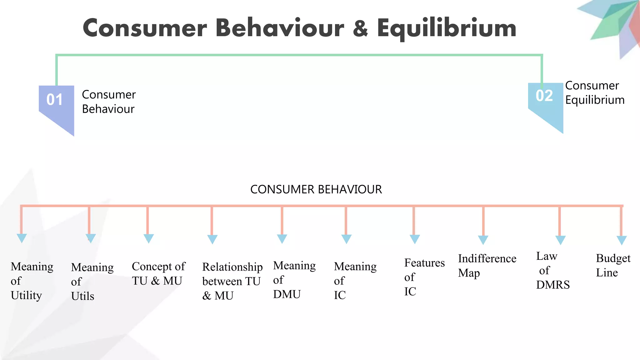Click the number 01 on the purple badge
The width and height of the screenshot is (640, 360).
click(x=55, y=100)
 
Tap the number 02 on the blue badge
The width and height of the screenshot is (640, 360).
click(x=544, y=96)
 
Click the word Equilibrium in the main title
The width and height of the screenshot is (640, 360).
click(x=447, y=28)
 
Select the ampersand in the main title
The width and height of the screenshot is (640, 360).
click(x=360, y=28)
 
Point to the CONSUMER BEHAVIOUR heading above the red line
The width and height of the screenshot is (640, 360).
click(x=316, y=189)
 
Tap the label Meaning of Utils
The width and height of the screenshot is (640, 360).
click(x=92, y=282)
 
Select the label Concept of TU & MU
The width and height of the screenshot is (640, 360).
click(x=158, y=273)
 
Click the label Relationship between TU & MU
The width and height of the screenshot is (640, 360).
click(x=232, y=281)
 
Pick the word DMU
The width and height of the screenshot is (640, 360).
click(x=287, y=294)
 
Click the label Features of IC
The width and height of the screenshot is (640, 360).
click(x=424, y=277)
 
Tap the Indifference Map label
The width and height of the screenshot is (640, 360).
click(x=487, y=266)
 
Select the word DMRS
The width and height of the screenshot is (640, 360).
click(x=552, y=285)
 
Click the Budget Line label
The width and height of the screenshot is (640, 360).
click(x=612, y=265)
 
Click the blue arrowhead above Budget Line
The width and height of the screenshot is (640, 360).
click(x=621, y=240)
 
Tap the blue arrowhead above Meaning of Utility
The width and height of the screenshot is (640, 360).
click(x=22, y=238)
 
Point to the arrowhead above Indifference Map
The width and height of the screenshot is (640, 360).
click(x=483, y=240)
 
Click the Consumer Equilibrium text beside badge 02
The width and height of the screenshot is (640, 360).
click(x=594, y=93)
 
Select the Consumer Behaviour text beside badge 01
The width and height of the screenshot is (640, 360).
click(x=108, y=102)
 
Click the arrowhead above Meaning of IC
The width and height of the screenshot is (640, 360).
click(x=346, y=239)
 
